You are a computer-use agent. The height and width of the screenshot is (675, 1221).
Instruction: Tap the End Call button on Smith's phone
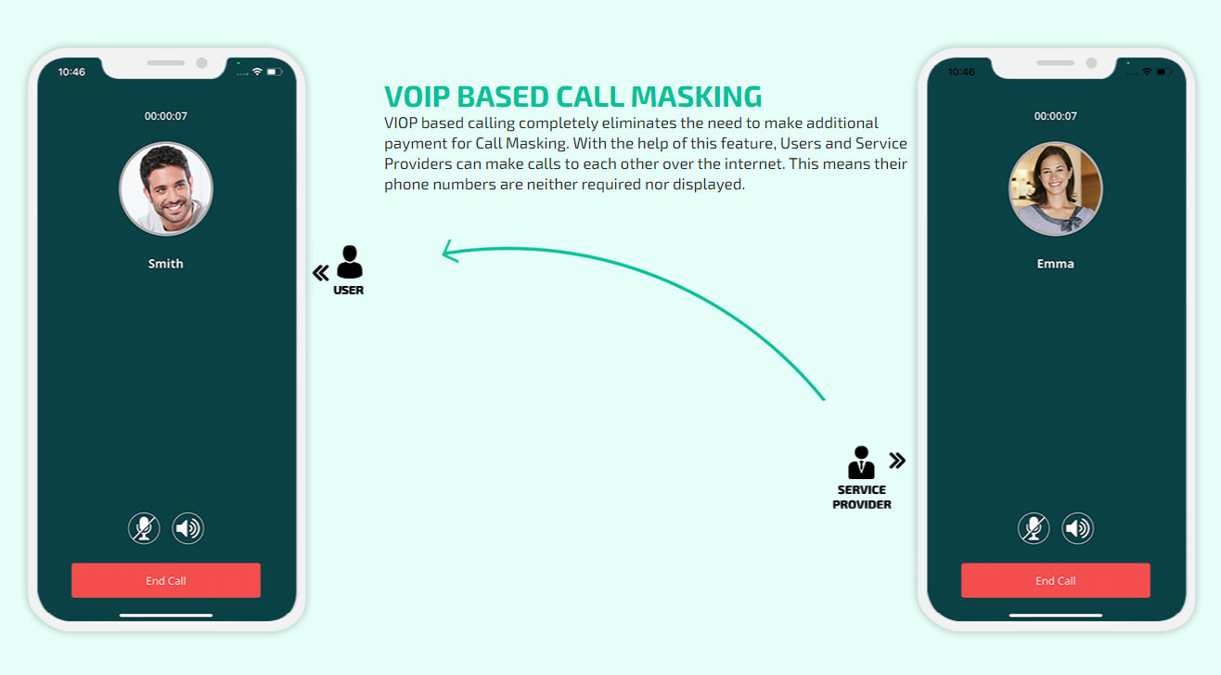pyautogui.click(x=166, y=580)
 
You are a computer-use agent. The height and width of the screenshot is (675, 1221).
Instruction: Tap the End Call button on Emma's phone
pyautogui.click(x=1055, y=580)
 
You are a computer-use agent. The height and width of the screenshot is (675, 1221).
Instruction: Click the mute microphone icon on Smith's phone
pyautogui.click(x=144, y=527)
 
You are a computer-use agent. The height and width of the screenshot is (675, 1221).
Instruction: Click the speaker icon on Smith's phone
pyautogui.click(x=188, y=527)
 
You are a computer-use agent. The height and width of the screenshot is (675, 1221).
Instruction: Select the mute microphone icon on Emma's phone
pyautogui.click(x=1034, y=527)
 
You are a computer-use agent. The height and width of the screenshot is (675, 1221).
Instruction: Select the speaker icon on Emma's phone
pyautogui.click(x=1077, y=527)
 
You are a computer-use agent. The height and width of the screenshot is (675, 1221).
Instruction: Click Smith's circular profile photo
pyautogui.click(x=166, y=188)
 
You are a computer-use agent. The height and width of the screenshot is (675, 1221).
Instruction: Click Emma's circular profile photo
pyautogui.click(x=1055, y=188)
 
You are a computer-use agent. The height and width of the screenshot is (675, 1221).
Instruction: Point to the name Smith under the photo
pyautogui.click(x=166, y=264)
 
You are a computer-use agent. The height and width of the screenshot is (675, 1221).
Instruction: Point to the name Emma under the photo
pyautogui.click(x=1055, y=264)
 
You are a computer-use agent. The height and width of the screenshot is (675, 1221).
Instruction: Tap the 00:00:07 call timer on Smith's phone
pyautogui.click(x=166, y=116)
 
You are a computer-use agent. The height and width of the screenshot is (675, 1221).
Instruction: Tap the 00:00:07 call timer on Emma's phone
pyautogui.click(x=1055, y=116)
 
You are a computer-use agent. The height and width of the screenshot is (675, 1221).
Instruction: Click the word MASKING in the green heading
pyautogui.click(x=696, y=97)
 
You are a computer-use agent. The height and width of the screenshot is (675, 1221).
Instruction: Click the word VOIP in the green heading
pyautogui.click(x=418, y=97)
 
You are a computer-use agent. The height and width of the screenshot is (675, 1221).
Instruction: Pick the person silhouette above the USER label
pyautogui.click(x=350, y=262)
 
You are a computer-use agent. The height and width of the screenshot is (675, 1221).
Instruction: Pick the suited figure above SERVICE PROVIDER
pyautogui.click(x=861, y=462)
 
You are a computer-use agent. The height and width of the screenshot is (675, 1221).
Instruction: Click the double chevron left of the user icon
pyautogui.click(x=320, y=273)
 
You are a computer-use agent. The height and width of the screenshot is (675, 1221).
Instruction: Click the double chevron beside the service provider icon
pyautogui.click(x=897, y=461)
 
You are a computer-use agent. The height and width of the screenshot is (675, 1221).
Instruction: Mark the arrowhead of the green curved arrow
pyautogui.click(x=443, y=253)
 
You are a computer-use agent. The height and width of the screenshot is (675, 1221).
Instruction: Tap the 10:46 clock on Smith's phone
pyautogui.click(x=71, y=72)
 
